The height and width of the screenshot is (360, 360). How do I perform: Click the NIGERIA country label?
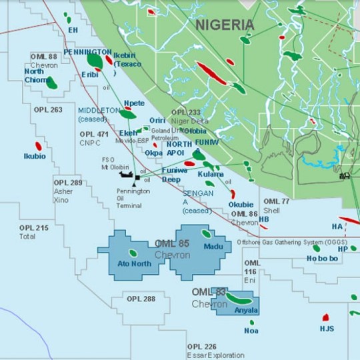[225, 25]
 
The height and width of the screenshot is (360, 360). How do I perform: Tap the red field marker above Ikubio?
[38, 145]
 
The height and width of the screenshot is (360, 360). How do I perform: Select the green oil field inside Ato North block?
[133, 253]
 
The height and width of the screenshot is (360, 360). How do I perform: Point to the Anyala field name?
[246, 310]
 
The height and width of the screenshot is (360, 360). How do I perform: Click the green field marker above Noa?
[251, 321]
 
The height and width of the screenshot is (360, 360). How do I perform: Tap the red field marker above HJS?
[326, 318]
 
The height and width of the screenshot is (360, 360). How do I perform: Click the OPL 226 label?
[201, 347]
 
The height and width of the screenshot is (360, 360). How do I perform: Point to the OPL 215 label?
[34, 228]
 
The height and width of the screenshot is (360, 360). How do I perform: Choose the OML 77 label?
[276, 201]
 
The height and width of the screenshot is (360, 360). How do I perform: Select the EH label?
[73, 31]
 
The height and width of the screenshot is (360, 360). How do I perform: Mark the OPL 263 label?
[47, 109]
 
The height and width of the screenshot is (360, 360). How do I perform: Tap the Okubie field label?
[241, 205]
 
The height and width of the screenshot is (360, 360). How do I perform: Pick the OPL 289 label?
[68, 182]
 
